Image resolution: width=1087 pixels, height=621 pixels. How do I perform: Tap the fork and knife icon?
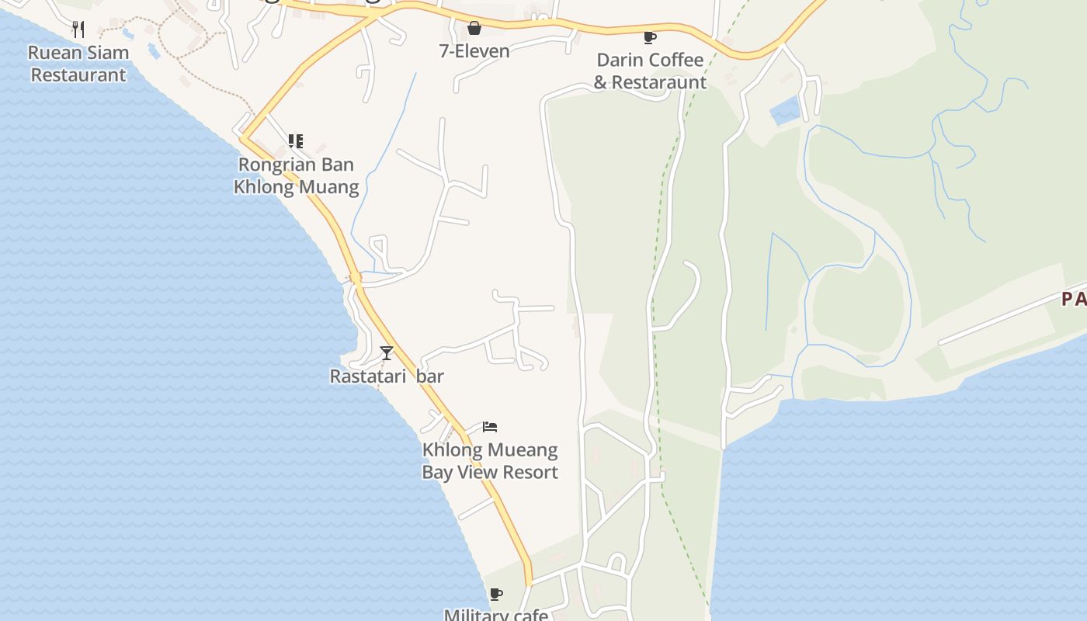[x=78, y=29]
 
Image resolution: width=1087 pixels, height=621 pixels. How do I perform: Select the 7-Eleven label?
[x=474, y=51]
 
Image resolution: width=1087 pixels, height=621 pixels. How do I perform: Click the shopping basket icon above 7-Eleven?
[x=474, y=29]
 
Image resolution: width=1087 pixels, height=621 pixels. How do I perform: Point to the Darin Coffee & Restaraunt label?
[x=650, y=71]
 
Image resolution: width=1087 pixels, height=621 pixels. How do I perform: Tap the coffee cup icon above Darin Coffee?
[x=650, y=37]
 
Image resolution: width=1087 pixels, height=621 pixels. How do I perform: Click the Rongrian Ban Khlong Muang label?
[x=296, y=175]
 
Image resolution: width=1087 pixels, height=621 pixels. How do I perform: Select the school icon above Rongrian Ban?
[x=295, y=141]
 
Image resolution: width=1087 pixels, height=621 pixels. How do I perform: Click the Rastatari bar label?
[x=387, y=376]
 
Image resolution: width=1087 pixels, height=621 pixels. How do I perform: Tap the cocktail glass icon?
[x=387, y=353]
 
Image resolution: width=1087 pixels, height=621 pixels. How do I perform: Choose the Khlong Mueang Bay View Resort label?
[x=490, y=461]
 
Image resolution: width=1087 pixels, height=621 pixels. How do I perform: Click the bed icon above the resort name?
[x=490, y=427]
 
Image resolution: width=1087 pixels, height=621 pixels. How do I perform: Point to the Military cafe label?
[x=496, y=615]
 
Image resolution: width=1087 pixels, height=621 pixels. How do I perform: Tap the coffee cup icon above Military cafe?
[x=496, y=595]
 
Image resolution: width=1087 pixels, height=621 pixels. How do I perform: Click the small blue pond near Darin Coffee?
[x=785, y=111]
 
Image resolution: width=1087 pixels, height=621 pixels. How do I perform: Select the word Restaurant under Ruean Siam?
[x=78, y=75]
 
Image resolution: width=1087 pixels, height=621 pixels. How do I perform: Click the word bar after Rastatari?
[x=430, y=376]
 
